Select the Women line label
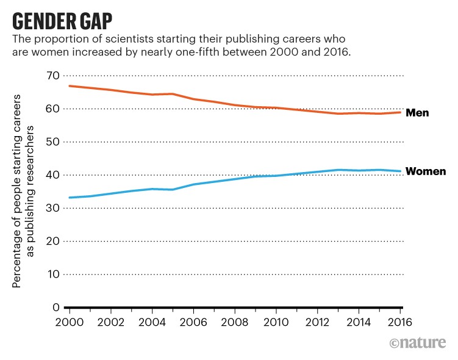point(426,171)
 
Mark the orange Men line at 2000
point(70,86)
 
